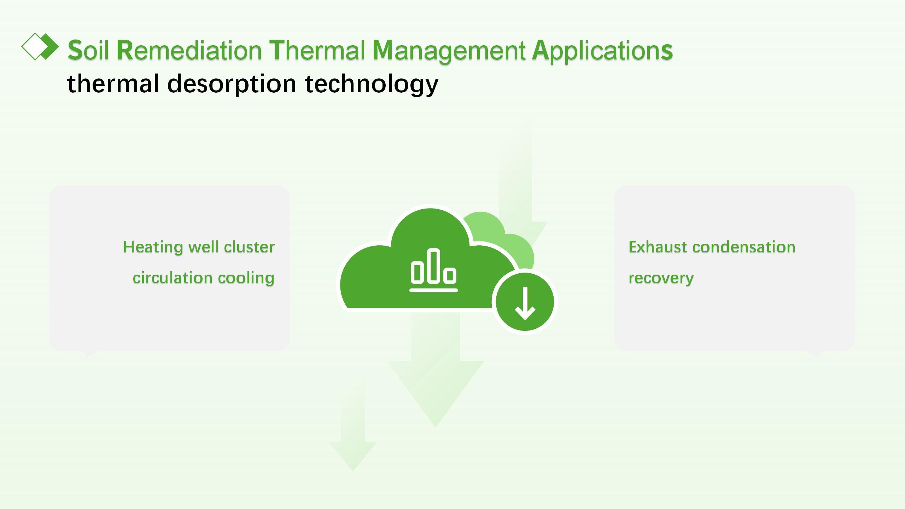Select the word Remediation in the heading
(189, 51)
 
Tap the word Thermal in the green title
(317, 51)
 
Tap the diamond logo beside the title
(40, 46)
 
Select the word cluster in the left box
(249, 247)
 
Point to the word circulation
(171, 278)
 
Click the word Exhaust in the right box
(658, 247)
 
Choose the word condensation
(744, 247)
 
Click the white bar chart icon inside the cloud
(433, 270)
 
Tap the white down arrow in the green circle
(525, 303)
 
